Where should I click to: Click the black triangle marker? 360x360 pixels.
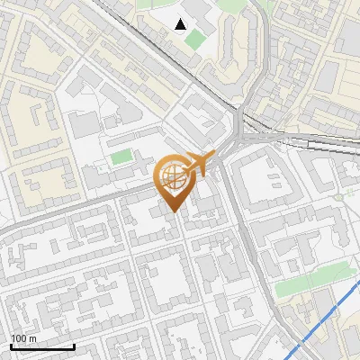[x=182, y=23]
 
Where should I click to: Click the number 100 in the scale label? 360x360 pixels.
[x=18, y=338]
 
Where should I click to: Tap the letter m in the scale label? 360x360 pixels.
[x=31, y=338]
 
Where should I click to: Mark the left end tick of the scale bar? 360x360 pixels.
[x=11, y=345]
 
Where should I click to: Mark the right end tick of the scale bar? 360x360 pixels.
[x=74, y=345]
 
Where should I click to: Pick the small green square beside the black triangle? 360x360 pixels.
[x=194, y=40]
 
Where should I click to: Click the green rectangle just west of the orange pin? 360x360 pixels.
[x=121, y=157]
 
